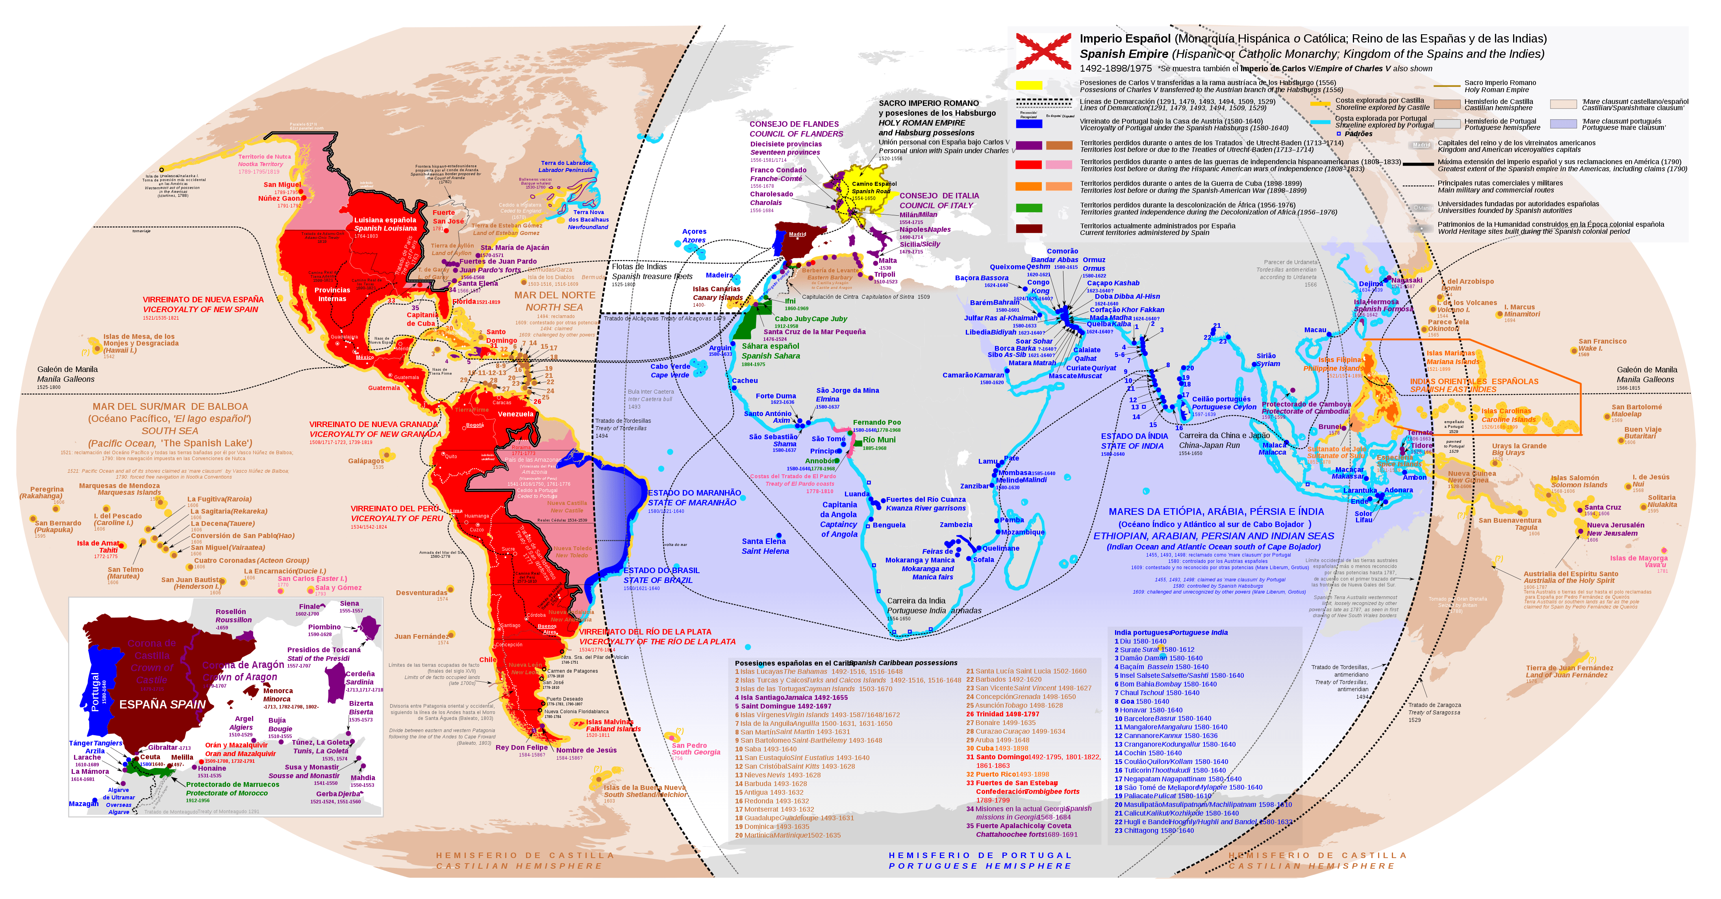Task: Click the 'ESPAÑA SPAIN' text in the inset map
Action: click(x=162, y=705)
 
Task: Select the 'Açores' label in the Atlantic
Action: click(x=694, y=232)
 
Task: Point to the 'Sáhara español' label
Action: click(x=770, y=346)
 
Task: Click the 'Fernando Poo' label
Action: click(x=876, y=422)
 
